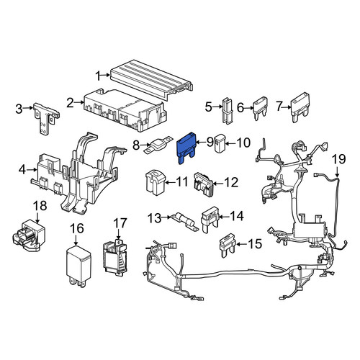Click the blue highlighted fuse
click(186, 148)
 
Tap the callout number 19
click(339, 159)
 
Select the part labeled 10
click(219, 144)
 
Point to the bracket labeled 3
click(46, 118)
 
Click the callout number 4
click(22, 170)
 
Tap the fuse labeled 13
click(184, 221)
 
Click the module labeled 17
click(115, 257)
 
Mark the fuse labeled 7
click(300, 107)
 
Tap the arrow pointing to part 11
click(170, 183)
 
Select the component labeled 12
click(204, 184)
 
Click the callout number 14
click(236, 217)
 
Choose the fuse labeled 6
click(260, 109)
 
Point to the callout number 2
click(70, 103)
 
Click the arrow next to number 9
click(201, 143)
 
